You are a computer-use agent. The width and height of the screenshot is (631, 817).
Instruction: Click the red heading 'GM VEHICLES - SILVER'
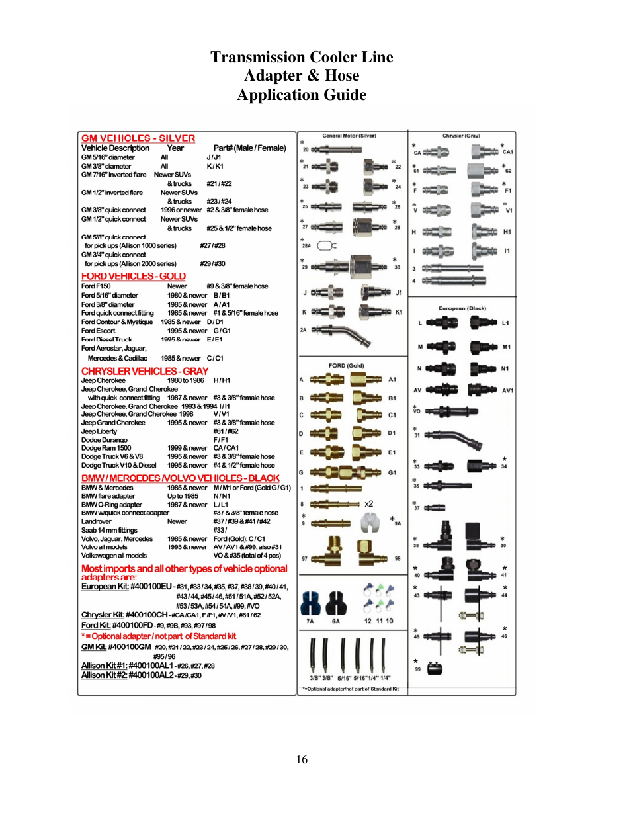(138, 138)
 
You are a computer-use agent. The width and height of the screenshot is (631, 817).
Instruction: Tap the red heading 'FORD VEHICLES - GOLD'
(133, 276)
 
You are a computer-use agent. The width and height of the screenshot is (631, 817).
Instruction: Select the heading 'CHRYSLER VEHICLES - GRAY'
(144, 371)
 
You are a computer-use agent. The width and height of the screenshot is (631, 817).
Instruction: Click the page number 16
(302, 759)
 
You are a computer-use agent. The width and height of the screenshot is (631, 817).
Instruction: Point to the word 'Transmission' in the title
(261, 57)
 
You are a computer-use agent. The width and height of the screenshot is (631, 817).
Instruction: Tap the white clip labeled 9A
(369, 523)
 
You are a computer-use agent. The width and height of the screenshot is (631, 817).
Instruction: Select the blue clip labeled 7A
(311, 602)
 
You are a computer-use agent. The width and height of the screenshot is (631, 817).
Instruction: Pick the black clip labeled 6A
(336, 602)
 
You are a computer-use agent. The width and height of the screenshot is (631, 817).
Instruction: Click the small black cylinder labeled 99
(435, 668)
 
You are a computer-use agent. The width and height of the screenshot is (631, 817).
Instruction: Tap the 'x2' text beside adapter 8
(368, 504)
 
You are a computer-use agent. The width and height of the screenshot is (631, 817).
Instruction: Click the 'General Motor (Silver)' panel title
(349, 136)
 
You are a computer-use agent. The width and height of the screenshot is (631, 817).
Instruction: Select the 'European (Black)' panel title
(462, 308)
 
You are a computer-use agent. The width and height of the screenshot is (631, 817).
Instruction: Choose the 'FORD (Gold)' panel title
(346, 365)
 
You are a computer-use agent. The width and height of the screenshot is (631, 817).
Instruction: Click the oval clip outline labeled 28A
(326, 245)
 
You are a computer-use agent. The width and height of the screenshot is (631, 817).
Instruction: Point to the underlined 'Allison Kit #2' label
(104, 675)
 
